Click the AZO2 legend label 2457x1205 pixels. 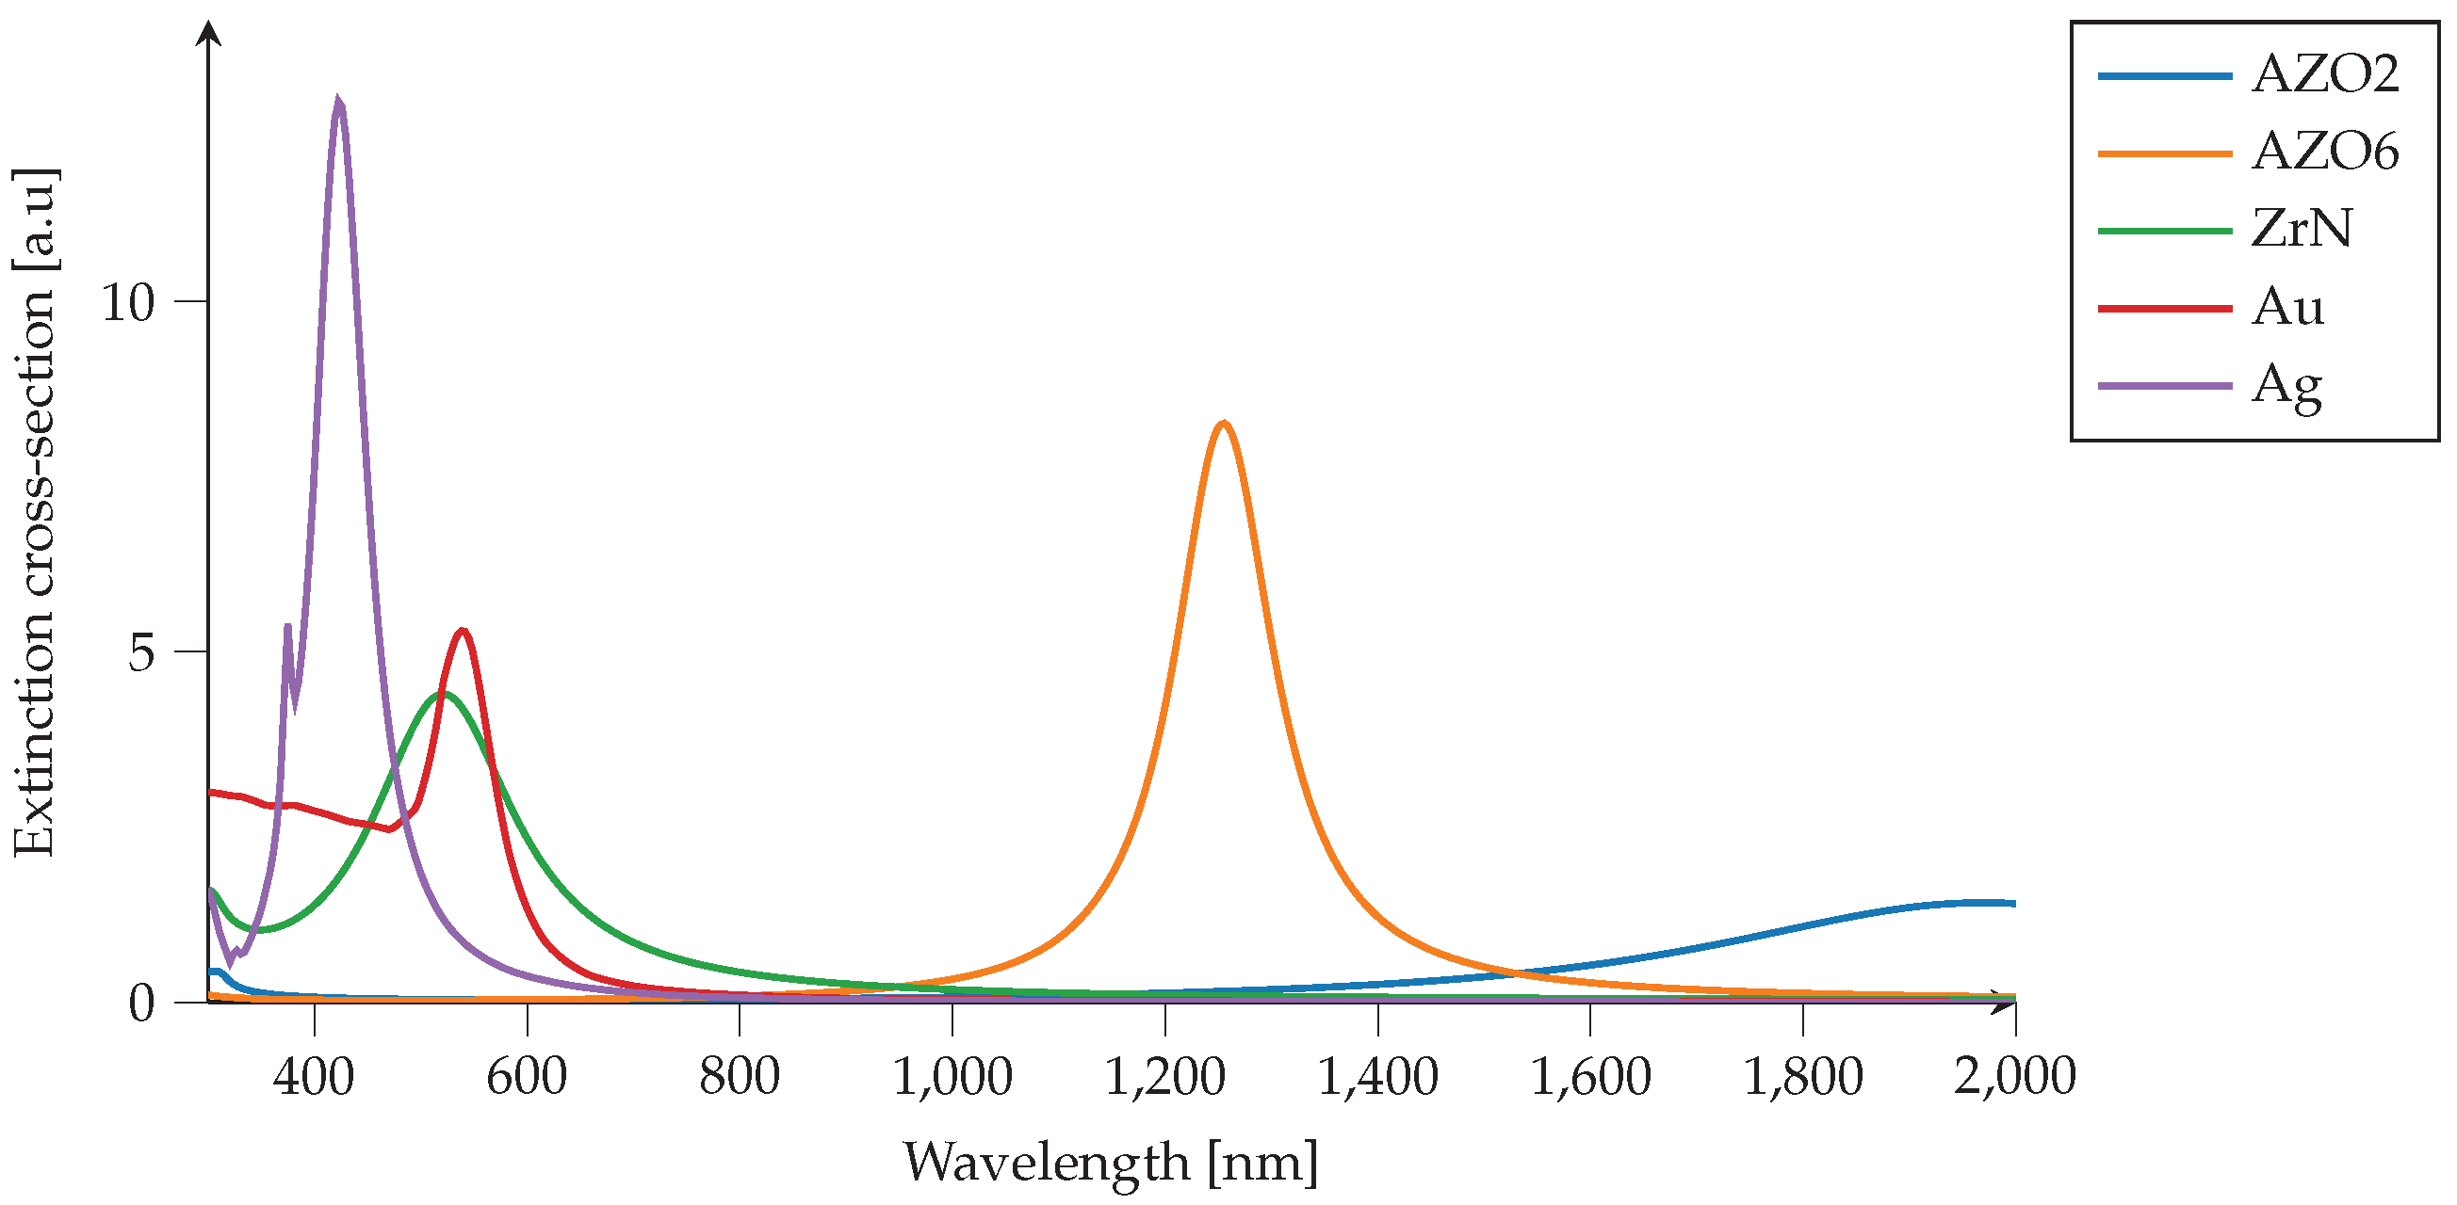tap(2324, 74)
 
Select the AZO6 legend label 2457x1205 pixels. tap(2324, 152)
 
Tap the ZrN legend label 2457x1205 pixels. tap(2302, 229)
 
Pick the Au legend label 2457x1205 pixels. tap(2287, 307)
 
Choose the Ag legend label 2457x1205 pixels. tap(2286, 386)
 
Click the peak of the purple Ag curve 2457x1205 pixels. tap(337, 101)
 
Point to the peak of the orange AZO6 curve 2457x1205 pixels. tap(1223, 423)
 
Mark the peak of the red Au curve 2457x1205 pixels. tap(463, 630)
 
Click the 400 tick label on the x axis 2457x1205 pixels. tap(313, 1076)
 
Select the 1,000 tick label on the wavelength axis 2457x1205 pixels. tap(952, 1076)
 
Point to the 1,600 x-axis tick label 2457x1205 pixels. tap(1590, 1076)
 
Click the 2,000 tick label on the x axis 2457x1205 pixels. tap(2014, 1076)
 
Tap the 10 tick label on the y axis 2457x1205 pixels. tap(127, 302)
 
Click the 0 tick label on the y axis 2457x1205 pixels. tap(141, 1003)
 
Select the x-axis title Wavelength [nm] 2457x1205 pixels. tap(1110, 1163)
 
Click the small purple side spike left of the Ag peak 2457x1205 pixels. tap(287, 626)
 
